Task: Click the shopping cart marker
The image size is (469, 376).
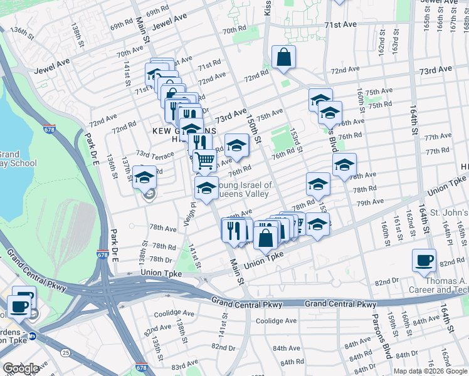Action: pyautogui.click(x=204, y=161)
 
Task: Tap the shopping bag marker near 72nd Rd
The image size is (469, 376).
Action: pyautogui.click(x=283, y=58)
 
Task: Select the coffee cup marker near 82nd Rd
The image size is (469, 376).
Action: pyautogui.click(x=424, y=260)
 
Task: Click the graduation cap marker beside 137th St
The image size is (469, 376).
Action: pyautogui.click(x=144, y=177)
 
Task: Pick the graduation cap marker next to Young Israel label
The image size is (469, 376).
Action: pyautogui.click(x=206, y=187)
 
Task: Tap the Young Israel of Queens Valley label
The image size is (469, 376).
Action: pyautogui.click(x=245, y=189)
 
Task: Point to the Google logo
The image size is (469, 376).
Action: pyautogui.click(x=21, y=368)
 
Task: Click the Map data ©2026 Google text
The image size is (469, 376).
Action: pyautogui.click(x=430, y=371)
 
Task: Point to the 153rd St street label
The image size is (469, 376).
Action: pyautogui.click(x=295, y=141)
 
